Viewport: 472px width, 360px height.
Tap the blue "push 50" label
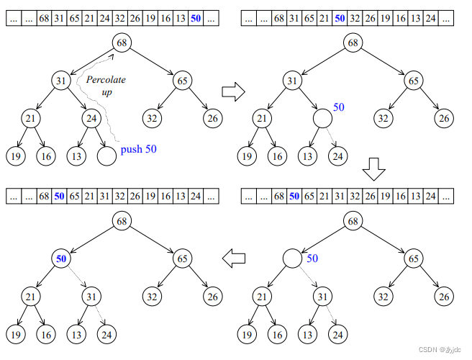pyautogui.click(x=138, y=150)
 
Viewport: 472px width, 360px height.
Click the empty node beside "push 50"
pyautogui.click(x=106, y=154)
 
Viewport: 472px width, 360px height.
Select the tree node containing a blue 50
pyautogui.click(x=60, y=258)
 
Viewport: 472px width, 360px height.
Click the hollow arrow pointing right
pyautogui.click(x=232, y=92)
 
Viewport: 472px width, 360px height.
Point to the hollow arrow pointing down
pyautogui.click(x=373, y=170)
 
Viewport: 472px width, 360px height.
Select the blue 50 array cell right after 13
pyautogui.click(x=196, y=19)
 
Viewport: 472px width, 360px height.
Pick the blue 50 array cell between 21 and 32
pyautogui.click(x=340, y=19)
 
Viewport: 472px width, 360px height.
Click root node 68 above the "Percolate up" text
pyautogui.click(x=122, y=43)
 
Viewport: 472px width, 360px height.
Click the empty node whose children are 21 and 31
pyautogui.click(x=292, y=258)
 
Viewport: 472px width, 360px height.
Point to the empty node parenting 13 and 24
pyautogui.click(x=322, y=117)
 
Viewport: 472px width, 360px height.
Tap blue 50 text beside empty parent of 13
pyautogui.click(x=339, y=107)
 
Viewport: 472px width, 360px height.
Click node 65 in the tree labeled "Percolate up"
pyautogui.click(x=183, y=81)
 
